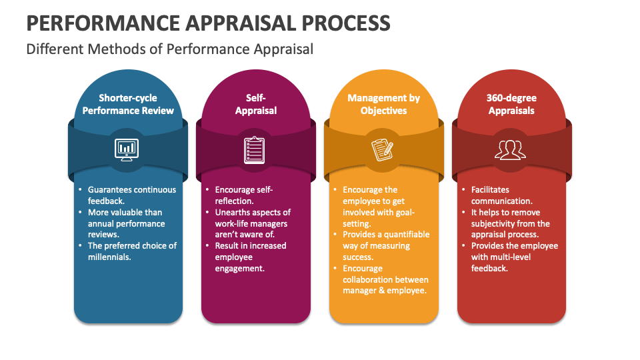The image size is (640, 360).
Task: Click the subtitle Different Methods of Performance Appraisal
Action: coord(169,49)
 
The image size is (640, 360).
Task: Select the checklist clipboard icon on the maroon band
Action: coord(255,149)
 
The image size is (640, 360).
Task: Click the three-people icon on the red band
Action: coord(511,149)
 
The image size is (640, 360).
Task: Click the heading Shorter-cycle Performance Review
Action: coord(128,104)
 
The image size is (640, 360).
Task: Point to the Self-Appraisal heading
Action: coord(256,104)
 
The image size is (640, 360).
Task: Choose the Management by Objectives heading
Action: coord(383,104)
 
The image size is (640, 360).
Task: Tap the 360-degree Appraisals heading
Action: coord(511,104)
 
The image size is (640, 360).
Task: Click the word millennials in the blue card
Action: coord(109,257)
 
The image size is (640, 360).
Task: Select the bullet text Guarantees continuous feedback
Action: coord(131,195)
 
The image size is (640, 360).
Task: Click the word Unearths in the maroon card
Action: coord(233,212)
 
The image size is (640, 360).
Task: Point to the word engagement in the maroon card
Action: coord(240,268)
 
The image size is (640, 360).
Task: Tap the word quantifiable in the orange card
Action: coord(406,235)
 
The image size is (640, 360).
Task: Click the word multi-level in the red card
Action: coord(511,257)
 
